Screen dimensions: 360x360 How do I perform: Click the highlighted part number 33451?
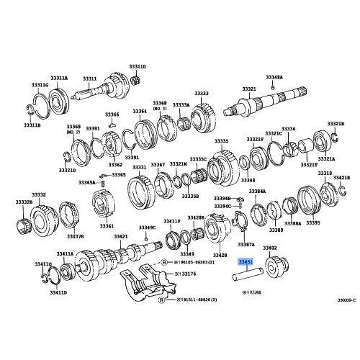pos(246,264)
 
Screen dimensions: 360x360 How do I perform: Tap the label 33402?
pos(270,248)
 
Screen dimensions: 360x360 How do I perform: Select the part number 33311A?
pos(58,78)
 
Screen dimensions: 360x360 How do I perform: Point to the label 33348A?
pos(274,76)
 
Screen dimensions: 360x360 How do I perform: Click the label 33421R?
pos(341,176)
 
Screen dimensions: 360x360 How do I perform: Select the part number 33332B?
pos(24,203)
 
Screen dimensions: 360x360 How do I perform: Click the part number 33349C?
pos(147,228)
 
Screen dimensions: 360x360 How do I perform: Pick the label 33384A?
pos(258,192)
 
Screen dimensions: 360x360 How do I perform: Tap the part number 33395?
pos(312,223)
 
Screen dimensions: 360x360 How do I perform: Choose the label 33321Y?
pos(254,138)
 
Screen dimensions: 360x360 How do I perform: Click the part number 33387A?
pos(246,245)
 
